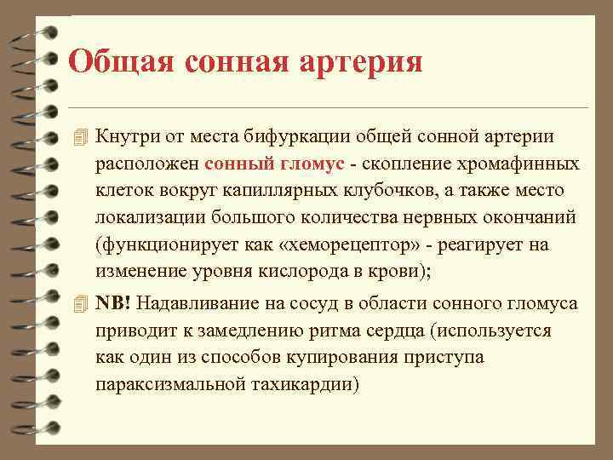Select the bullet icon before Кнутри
click(80, 137)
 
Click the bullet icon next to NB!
click(80, 303)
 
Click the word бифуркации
click(306, 136)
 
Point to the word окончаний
click(525, 218)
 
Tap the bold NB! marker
click(113, 303)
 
